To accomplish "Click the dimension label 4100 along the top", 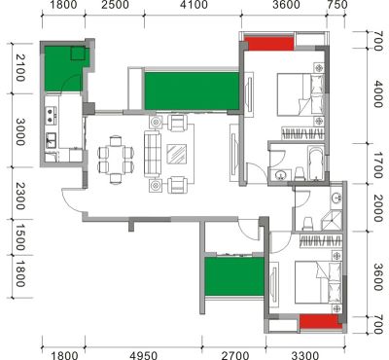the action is [194, 5].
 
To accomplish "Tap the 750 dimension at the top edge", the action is [337, 5].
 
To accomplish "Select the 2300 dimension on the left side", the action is [20, 196].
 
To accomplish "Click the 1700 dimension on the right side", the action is [378, 166].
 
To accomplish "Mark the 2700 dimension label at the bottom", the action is [235, 355].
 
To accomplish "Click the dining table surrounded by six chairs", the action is [116, 160].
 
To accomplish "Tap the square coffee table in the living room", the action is [176, 154].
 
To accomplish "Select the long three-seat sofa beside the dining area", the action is [153, 154].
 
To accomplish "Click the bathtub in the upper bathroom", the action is [315, 163].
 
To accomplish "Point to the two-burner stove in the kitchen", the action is [51, 116].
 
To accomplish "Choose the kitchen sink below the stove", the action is [51, 140].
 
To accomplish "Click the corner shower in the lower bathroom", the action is [332, 221].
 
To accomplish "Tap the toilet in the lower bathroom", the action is [307, 224].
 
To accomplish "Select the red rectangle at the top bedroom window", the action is [268, 44].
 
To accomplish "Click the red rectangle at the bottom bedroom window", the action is [320, 322].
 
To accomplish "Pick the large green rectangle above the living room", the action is [192, 90].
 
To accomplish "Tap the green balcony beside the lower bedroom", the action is [234, 276].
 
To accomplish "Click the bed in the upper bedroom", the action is [301, 94].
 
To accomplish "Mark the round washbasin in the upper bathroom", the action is [280, 175].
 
